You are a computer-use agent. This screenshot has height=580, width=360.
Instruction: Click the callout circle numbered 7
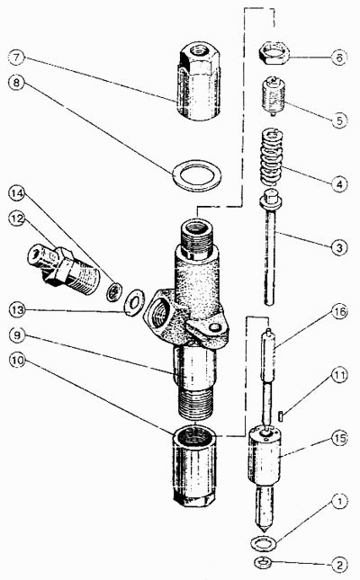(x=17, y=58)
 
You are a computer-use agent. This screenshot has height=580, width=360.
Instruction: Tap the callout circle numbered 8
(x=17, y=82)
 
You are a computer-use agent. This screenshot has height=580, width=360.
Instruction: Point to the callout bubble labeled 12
(x=17, y=219)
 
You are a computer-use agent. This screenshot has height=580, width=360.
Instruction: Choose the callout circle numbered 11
(x=339, y=375)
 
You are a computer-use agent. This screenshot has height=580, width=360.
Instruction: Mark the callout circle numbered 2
(x=339, y=565)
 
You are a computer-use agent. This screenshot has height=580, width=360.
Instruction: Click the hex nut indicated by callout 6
(x=274, y=53)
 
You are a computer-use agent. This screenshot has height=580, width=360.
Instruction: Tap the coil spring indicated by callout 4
(x=273, y=156)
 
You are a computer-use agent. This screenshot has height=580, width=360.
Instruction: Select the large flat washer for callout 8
(x=197, y=175)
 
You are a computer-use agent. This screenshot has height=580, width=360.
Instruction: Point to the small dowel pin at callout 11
(x=283, y=415)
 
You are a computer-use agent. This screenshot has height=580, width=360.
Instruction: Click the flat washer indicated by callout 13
(x=133, y=302)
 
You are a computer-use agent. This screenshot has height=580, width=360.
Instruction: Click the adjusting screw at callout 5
(x=273, y=96)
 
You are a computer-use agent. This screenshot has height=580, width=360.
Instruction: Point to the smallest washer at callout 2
(x=263, y=562)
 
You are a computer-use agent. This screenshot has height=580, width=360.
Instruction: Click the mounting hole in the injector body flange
(x=214, y=327)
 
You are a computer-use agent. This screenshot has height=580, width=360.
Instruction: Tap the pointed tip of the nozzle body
(x=264, y=529)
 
